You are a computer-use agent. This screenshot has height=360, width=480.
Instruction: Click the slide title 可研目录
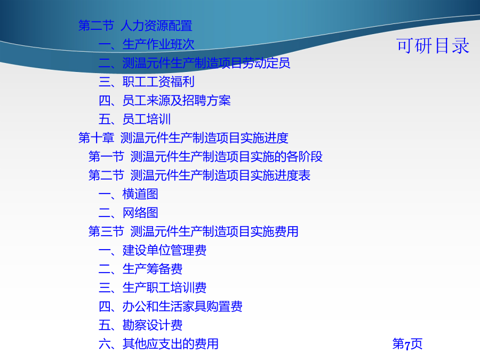[433, 46]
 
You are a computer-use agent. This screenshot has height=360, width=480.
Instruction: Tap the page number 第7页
[407, 344]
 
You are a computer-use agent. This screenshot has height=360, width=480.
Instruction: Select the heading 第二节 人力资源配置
[135, 26]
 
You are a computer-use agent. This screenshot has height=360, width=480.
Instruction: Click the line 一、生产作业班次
[146, 44]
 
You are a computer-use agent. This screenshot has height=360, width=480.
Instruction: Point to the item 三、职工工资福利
[146, 82]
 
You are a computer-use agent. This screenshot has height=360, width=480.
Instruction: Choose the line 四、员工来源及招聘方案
[165, 100]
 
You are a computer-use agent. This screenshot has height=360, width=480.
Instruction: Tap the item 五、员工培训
[134, 119]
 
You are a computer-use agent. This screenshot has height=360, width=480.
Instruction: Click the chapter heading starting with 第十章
[183, 138]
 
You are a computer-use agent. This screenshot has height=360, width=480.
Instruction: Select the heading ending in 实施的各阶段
[205, 157]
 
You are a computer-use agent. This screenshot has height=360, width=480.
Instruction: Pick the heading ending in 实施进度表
[199, 175]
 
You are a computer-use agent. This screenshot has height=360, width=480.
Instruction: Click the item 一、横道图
[128, 194]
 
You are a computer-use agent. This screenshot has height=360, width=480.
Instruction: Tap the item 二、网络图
[128, 213]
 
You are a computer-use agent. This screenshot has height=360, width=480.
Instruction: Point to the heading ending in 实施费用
[193, 231]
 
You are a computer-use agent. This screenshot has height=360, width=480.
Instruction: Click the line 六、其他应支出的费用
[158, 344]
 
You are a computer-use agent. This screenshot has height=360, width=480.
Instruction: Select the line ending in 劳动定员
[194, 63]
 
